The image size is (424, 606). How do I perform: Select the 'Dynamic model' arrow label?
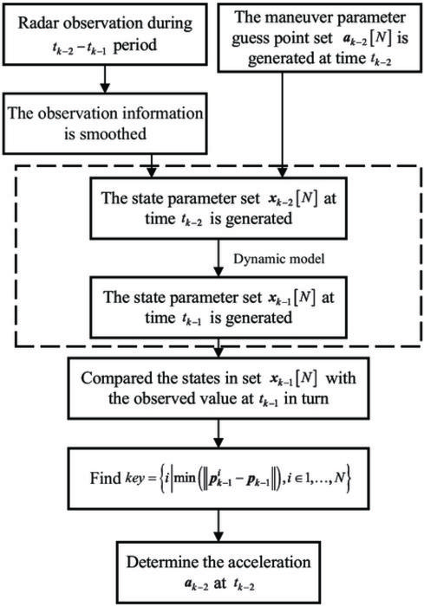point(279,259)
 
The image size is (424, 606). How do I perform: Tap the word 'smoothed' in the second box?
point(113,134)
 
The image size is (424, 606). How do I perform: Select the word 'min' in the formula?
point(185,479)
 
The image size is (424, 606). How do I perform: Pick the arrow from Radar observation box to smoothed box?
point(105,79)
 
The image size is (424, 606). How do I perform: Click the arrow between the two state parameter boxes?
point(219,257)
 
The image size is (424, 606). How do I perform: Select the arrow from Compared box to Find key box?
point(219,433)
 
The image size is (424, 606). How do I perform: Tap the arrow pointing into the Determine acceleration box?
point(219,525)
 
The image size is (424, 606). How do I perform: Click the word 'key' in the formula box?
point(134,479)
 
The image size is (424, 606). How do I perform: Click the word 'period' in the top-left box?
point(135,45)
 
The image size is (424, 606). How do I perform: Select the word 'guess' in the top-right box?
point(252,39)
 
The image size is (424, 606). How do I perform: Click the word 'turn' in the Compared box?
point(314,399)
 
